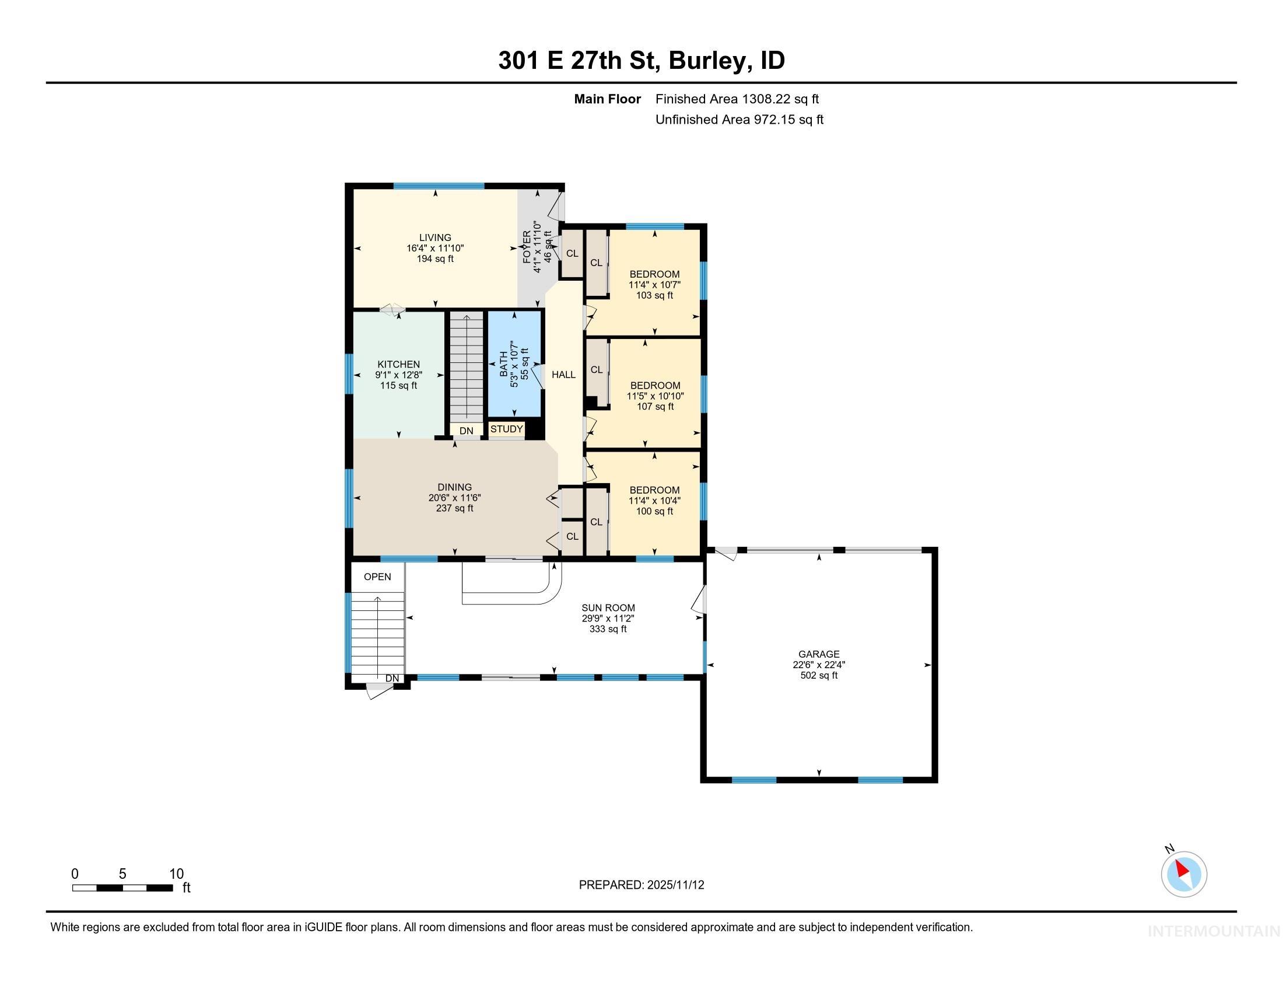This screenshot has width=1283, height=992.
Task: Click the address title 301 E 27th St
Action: pos(579,61)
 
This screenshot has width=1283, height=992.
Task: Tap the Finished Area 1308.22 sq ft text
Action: pos(737,99)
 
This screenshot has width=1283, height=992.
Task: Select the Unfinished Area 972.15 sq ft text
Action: pos(739,119)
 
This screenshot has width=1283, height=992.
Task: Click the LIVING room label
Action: pos(434,238)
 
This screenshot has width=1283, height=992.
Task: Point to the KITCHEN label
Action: pos(398,364)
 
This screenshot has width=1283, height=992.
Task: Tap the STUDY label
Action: pos(506,429)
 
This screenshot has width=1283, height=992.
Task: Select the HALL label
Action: pos(563,375)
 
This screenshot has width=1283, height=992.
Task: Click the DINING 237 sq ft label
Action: pos(454,497)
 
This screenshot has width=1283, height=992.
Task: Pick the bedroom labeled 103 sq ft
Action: pos(654,284)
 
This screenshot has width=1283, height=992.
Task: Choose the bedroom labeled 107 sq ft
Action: pos(654,396)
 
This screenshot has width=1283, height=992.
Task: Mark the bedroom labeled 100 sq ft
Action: pos(654,500)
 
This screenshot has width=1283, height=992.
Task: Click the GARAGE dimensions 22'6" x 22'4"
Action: pos(818,665)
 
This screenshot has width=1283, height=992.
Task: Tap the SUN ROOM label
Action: pos(608,607)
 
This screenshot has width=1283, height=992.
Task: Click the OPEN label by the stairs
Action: pos(377,577)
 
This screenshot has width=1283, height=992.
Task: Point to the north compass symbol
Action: pos(1184,874)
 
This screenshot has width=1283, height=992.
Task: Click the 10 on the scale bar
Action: pos(176,874)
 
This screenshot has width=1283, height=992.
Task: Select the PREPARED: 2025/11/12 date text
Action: pos(641,885)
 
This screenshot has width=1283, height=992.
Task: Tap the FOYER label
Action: pos(527,247)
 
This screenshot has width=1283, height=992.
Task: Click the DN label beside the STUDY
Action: pos(466,431)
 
